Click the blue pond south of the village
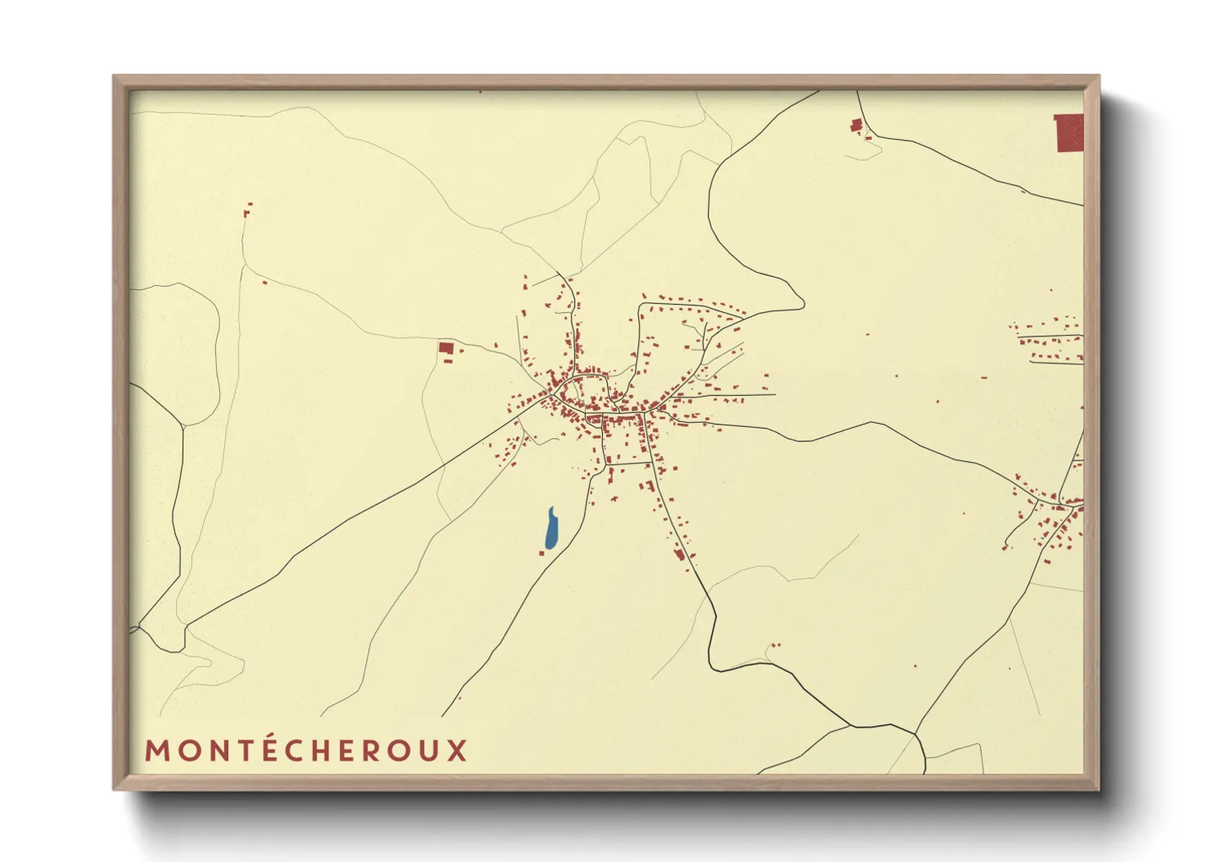coord(551,529)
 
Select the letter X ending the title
coord(457,750)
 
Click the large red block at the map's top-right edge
coord(1070,134)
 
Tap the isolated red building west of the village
coord(446,348)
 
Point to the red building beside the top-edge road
coord(856,125)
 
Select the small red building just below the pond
coord(542,553)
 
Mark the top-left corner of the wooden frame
coord(115,77)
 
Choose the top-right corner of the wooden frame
coord(1098,77)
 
